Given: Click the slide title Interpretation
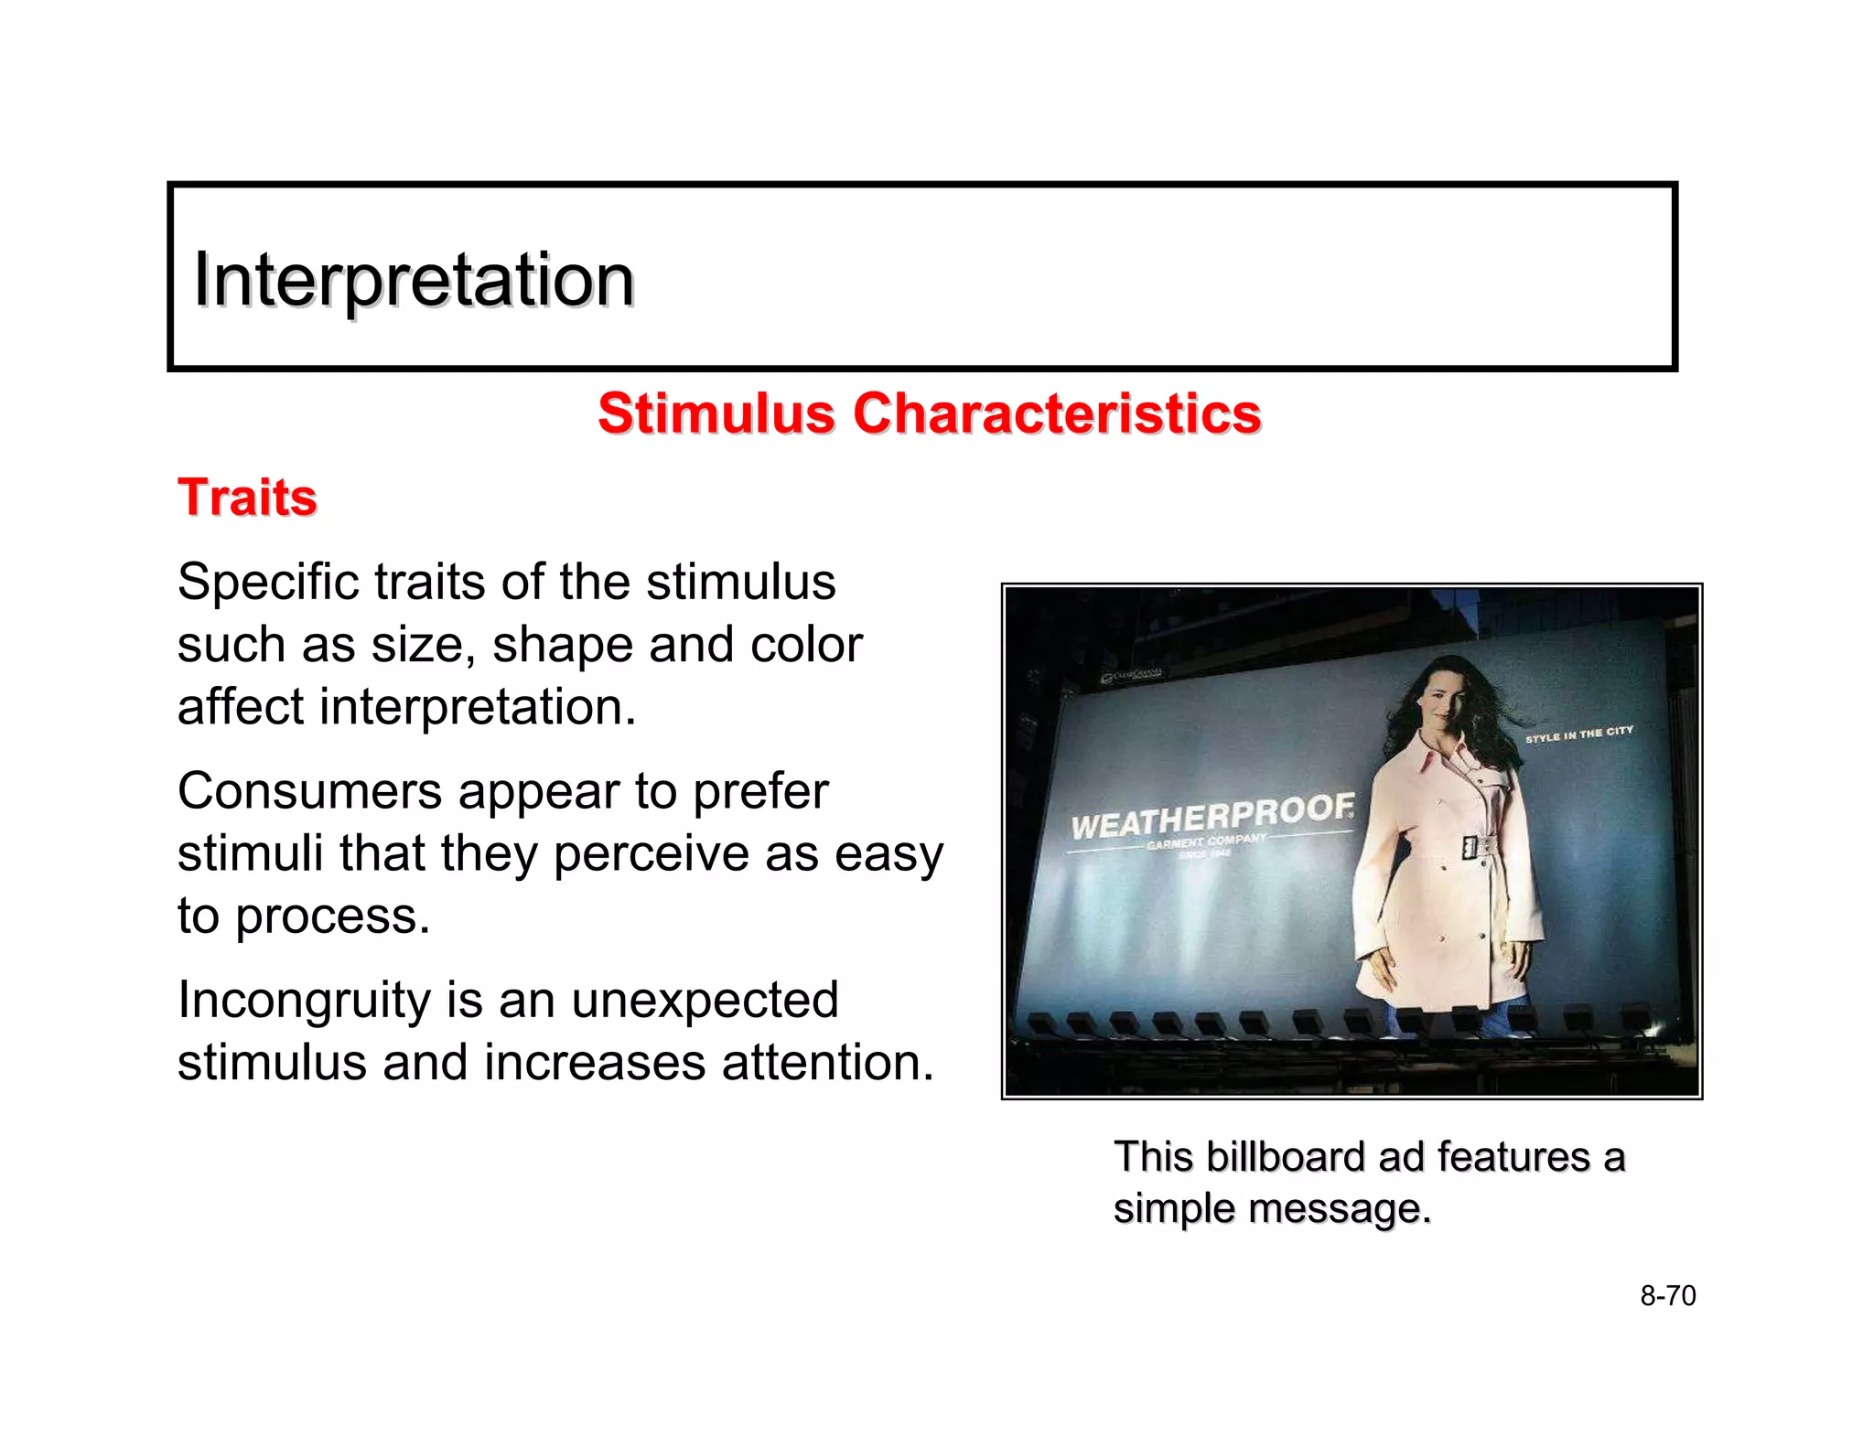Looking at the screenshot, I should [414, 280].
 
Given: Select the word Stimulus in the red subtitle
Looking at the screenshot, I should [716, 413].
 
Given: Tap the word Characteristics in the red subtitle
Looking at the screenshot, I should [1057, 413].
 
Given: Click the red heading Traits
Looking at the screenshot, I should [247, 498].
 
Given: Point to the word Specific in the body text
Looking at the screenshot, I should [267, 583].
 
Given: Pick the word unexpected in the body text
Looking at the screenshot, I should [705, 1000].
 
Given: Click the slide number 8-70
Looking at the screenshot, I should [1667, 1296].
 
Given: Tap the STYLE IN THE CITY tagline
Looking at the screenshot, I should [1578, 734].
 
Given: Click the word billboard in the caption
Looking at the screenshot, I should [1286, 1157].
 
